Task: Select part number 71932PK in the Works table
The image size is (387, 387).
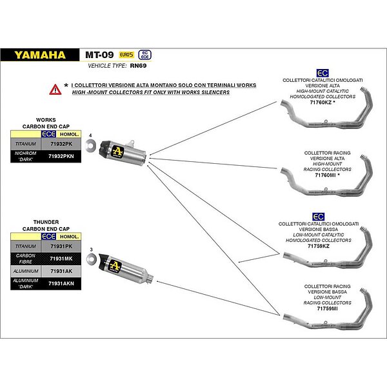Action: coord(61,145)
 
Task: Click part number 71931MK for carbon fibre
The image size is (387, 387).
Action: coord(61,258)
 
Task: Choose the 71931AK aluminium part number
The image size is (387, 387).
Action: coord(61,272)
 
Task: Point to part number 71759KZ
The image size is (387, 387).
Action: coord(319,246)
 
